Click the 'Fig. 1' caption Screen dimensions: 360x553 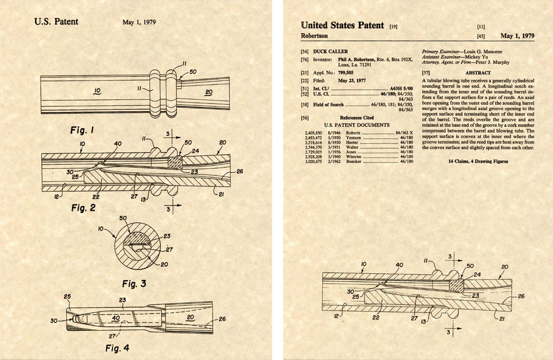82,131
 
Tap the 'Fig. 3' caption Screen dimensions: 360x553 134,283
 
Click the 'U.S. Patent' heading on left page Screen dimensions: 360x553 56,22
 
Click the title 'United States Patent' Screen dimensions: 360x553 342,25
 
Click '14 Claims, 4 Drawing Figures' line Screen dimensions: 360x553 478,161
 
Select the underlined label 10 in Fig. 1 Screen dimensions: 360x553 97,91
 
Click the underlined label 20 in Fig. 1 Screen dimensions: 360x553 209,92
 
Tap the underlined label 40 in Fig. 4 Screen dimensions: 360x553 116,317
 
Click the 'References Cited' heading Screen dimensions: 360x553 357,118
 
